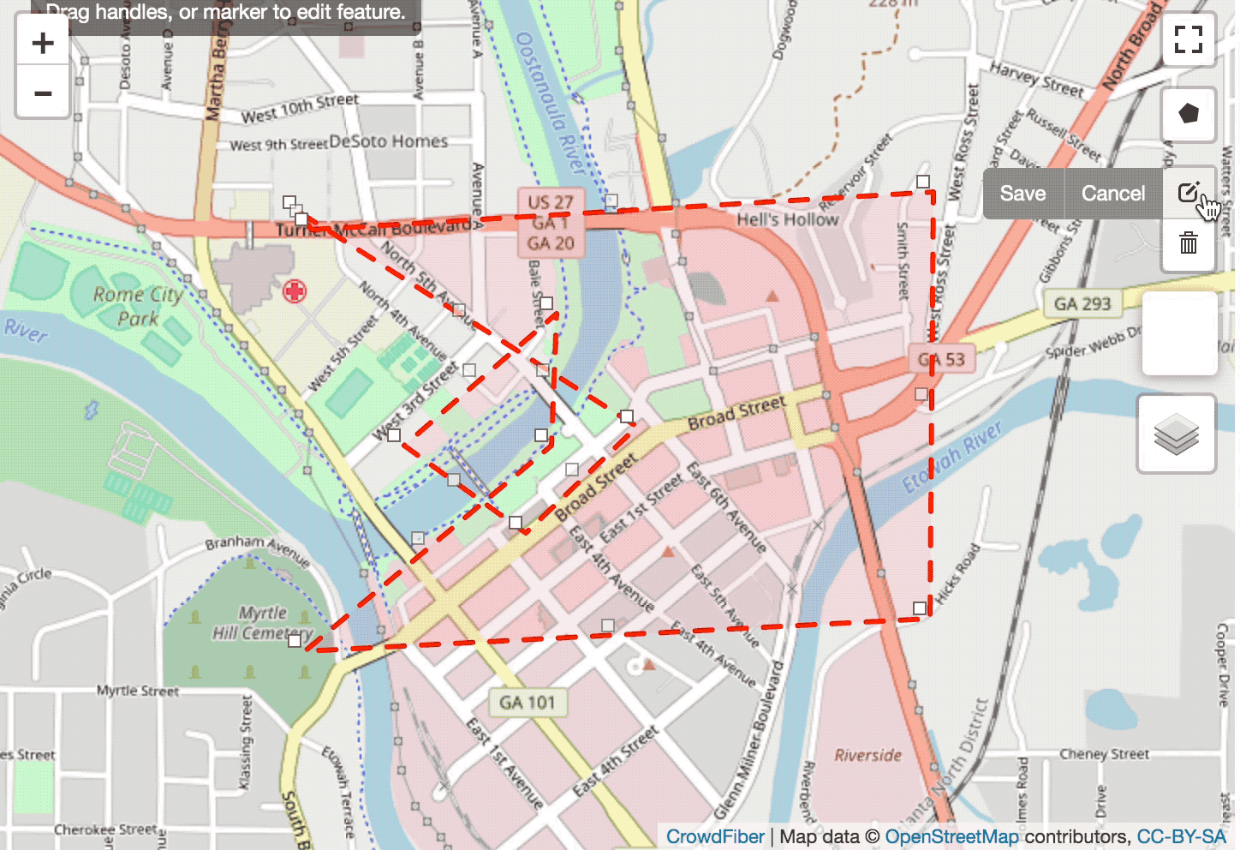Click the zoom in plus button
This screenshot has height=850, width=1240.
pos(42,43)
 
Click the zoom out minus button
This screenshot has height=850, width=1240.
pos(42,93)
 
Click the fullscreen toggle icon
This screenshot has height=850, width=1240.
pos(1189,39)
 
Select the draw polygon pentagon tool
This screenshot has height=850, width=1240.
pos(1189,113)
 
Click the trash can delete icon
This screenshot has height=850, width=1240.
pos(1189,244)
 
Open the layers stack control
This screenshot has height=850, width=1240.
pos(1176,434)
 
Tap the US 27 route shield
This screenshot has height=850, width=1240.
pos(550,203)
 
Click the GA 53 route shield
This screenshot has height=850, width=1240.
pos(941,360)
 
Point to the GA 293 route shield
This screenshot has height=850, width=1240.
pos(1082,303)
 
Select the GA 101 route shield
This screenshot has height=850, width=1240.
pos(527,703)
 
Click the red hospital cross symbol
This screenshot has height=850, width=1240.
pos(294,291)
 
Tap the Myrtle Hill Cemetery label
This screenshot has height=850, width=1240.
pos(262,623)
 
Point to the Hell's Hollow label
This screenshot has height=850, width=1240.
pos(787,219)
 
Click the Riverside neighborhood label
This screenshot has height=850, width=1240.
pos(867,755)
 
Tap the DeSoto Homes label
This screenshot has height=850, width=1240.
pos(388,141)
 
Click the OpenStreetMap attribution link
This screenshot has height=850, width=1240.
pos(951,836)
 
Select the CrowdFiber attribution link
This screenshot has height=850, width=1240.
pos(714,836)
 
